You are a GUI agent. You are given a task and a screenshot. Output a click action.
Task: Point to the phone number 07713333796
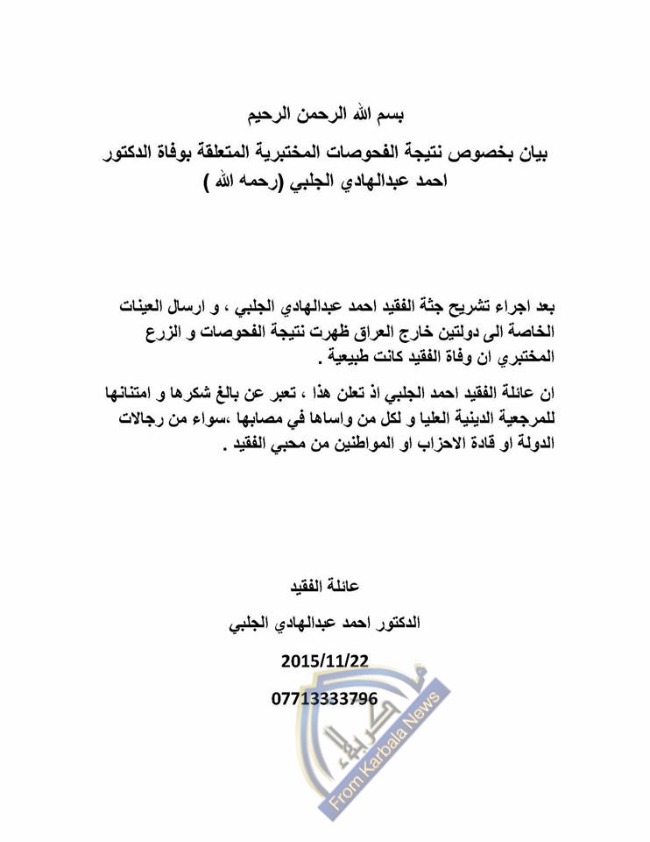(x=325, y=698)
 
